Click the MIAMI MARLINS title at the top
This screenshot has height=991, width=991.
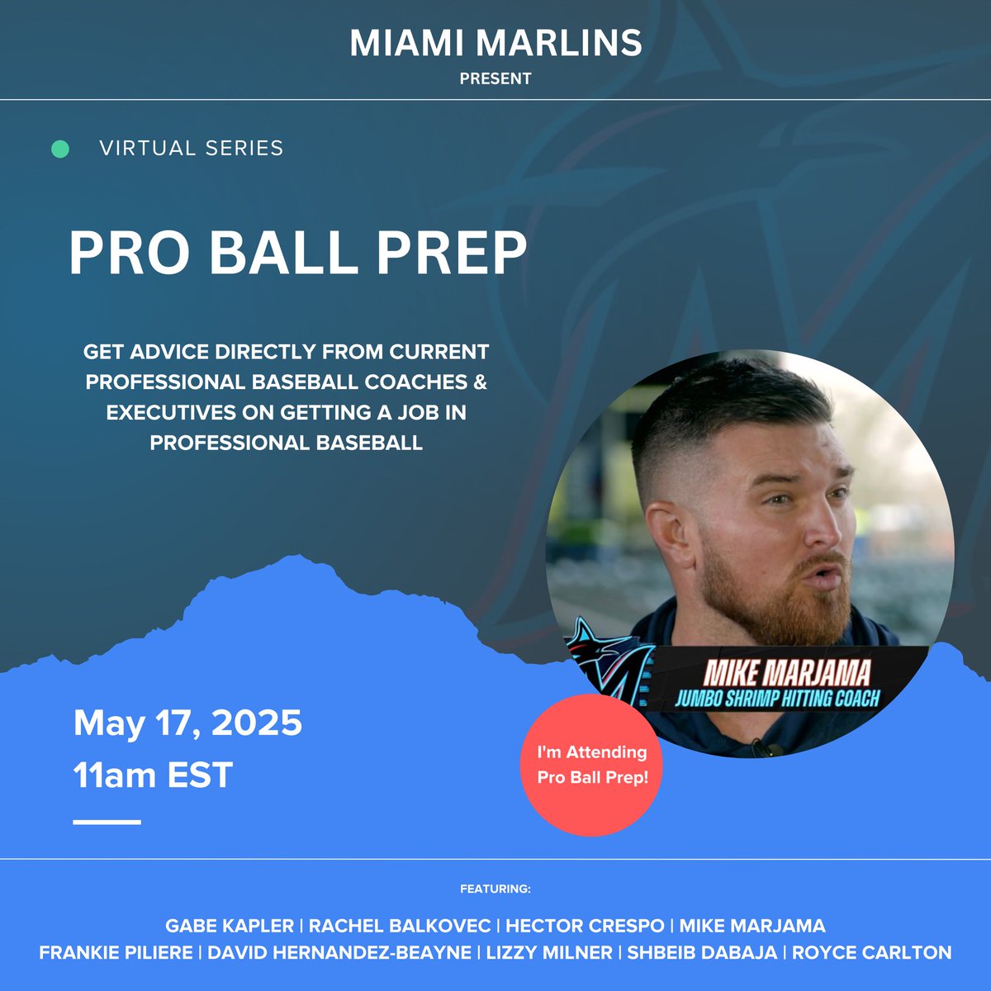pos(495,43)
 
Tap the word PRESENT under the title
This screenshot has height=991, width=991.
pos(495,79)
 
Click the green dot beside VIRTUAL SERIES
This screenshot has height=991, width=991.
pos(60,149)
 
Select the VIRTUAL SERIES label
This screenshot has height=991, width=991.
pos(191,149)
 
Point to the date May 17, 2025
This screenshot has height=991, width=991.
pos(187,723)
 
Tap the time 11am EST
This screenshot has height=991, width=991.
pos(153,775)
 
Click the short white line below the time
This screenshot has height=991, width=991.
pos(107,822)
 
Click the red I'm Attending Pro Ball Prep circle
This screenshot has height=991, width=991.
pos(591,765)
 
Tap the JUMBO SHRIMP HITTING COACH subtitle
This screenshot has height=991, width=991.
pos(777,699)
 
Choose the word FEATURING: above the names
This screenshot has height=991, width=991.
pos(495,889)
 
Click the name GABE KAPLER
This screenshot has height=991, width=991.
pos(230,926)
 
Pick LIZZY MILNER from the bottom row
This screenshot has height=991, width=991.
pos(549,952)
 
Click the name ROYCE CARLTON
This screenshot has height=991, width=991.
pos(871,952)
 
